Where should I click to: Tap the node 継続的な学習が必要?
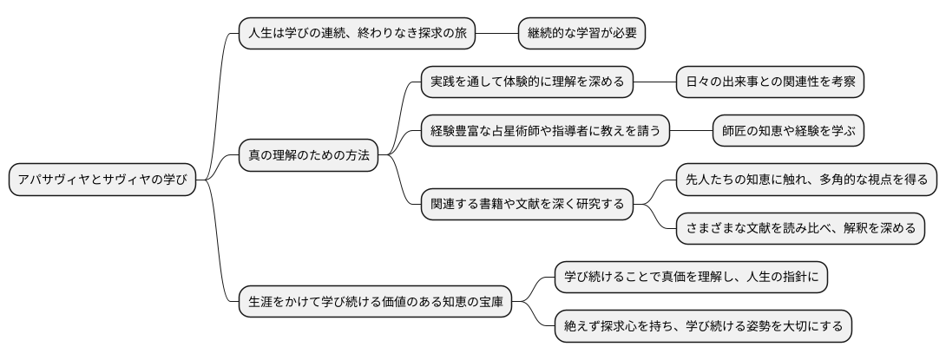[581, 33]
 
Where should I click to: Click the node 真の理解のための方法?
[308, 155]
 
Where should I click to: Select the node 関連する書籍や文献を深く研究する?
[527, 204]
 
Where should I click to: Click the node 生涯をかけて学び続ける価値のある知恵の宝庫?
[375, 302]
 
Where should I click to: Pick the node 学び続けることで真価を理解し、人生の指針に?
[692, 278]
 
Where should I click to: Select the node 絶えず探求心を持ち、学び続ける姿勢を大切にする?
[703, 326]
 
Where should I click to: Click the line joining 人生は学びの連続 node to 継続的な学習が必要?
[497, 33]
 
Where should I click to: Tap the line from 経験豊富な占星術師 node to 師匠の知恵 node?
[691, 131]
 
